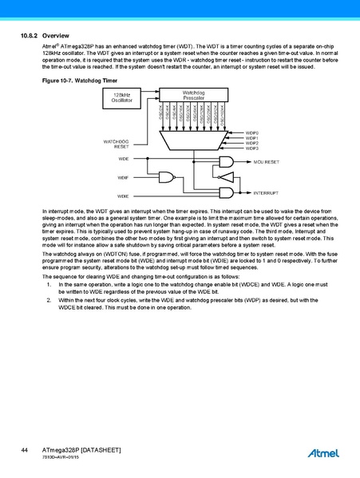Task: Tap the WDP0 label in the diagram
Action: [252, 132]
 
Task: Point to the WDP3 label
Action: [252, 148]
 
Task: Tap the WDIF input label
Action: [123, 177]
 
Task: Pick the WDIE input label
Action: [123, 196]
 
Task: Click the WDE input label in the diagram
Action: [123, 160]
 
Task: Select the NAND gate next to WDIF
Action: [168, 177]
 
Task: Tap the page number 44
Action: [25, 452]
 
